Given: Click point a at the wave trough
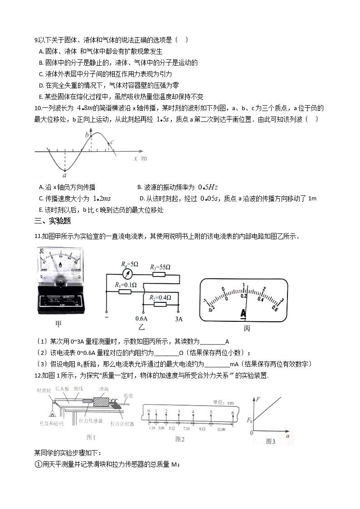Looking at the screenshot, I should [64, 171].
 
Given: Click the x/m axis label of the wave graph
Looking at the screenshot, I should [140, 158].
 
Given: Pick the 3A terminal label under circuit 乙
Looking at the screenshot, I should [178, 319].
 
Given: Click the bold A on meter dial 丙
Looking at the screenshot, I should [243, 313].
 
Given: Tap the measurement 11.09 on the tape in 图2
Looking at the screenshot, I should [221, 428].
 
